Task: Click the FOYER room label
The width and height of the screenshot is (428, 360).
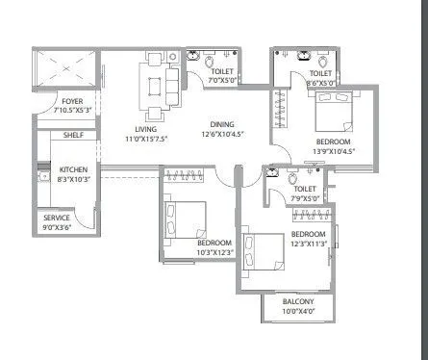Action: point(72,101)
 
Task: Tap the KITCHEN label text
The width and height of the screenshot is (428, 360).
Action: point(73,169)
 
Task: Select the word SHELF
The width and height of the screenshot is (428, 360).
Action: point(73,135)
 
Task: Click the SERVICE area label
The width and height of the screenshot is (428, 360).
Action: point(57,218)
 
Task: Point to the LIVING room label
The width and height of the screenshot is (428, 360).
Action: point(146,129)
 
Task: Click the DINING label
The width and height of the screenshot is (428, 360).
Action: point(222,124)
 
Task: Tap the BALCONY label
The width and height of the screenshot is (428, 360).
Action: point(298,301)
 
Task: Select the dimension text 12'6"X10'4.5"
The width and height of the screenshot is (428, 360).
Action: point(222,134)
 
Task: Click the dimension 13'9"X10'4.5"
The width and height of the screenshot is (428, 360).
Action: point(334,151)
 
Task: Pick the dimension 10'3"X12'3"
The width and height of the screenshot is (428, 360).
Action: point(214,252)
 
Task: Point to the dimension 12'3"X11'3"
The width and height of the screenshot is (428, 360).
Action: point(309,244)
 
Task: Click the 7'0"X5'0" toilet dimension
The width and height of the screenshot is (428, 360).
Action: point(221,81)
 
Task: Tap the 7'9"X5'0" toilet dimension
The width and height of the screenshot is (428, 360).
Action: point(305,198)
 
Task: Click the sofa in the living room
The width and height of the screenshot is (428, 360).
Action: point(172,86)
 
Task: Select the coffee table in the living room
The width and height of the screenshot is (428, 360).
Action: point(155,87)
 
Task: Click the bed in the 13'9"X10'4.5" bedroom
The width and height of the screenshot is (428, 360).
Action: point(334,112)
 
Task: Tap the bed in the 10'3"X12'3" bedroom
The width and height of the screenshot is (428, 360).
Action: point(185,219)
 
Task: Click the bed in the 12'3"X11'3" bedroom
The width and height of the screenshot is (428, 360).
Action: point(264,252)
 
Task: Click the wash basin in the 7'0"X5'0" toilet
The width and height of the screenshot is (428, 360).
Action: point(193,56)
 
